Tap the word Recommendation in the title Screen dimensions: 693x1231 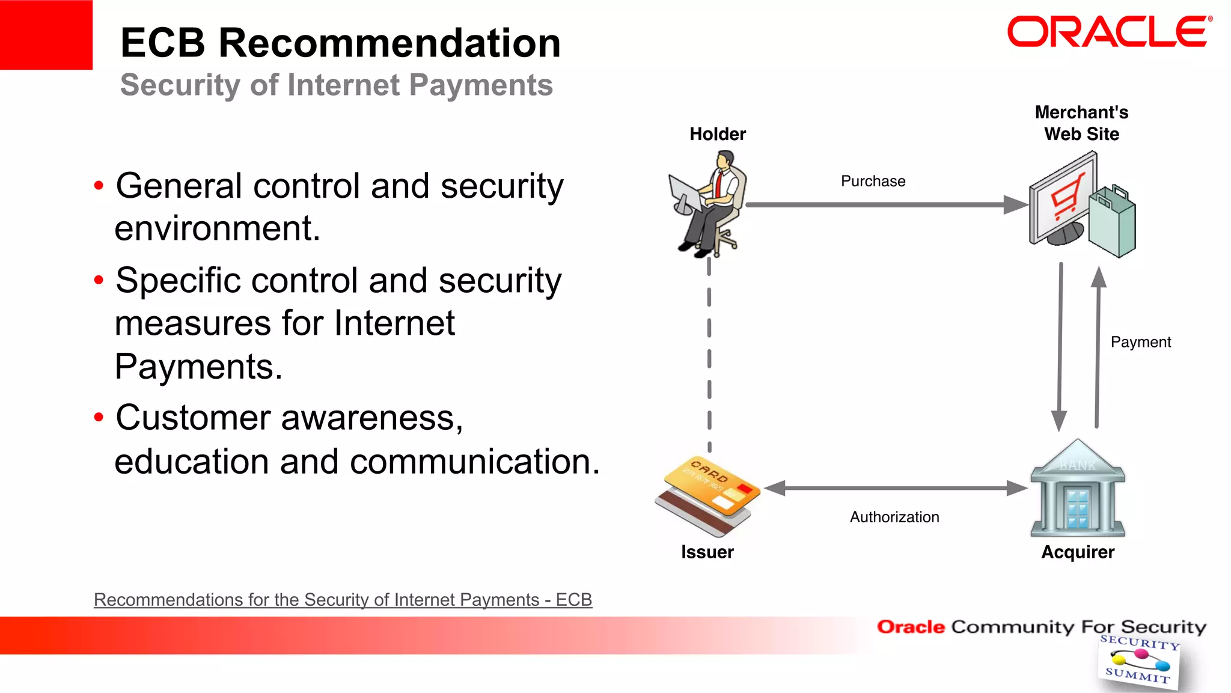point(389,43)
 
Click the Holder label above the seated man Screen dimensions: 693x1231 point(718,134)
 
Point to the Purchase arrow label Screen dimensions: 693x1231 point(873,182)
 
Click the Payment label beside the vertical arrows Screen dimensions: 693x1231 point(1140,342)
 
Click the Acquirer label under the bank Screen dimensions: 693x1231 point(1078,552)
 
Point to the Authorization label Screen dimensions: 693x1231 point(894,517)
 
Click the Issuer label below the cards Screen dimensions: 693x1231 point(707,552)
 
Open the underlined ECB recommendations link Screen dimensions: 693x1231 point(343,600)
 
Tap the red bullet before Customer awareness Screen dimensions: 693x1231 point(99,417)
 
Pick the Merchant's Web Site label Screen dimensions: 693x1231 point(1081,123)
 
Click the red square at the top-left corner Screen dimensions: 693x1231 point(46,34)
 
